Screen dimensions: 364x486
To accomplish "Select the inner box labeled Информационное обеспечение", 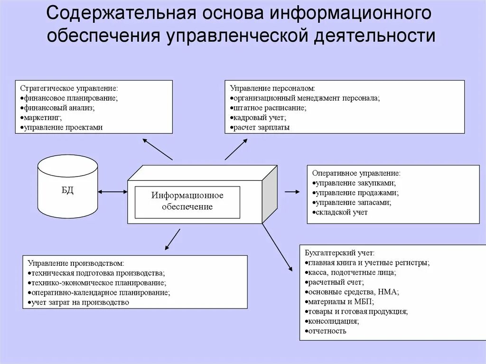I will coord(187,201).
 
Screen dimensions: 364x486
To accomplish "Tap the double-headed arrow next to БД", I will coord(112,192).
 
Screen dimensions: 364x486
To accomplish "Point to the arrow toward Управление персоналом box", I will coord(236,149).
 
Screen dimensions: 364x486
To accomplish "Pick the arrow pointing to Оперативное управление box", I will coord(292,192).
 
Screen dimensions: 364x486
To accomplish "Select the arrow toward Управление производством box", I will coord(172,239).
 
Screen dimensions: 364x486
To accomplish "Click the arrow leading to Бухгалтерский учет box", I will coord(278,247).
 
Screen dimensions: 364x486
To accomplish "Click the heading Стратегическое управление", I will coord(69,89).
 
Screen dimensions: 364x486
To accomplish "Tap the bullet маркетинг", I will coord(42,118).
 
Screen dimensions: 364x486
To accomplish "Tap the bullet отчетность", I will coord(327,331).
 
